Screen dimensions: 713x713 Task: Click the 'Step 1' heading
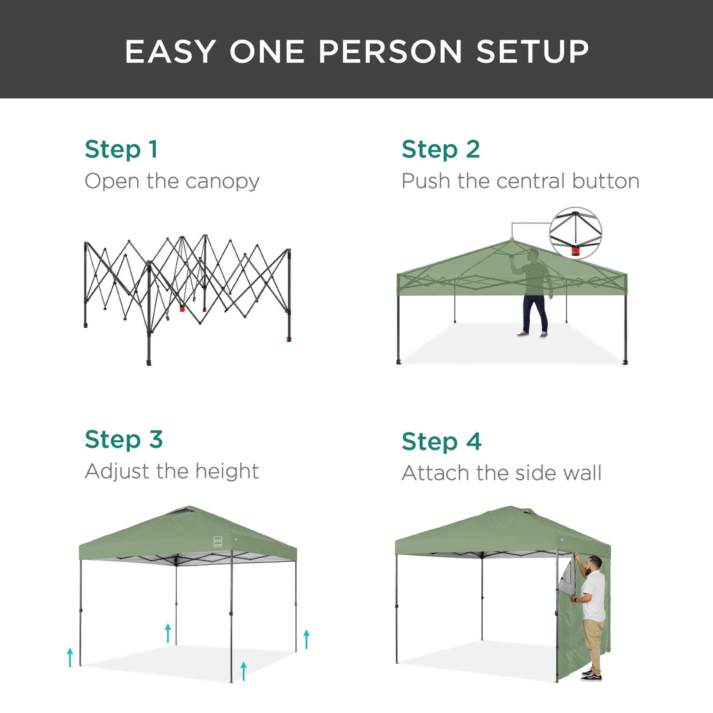point(121,149)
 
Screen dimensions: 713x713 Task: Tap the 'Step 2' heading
point(441,149)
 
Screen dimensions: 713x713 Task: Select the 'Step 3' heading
point(123,439)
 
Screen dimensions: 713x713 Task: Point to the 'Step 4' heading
point(441,441)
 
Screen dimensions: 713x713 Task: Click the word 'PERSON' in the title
point(345,52)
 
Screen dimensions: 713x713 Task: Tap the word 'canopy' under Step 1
point(222,182)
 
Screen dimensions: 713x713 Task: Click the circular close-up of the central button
point(575,233)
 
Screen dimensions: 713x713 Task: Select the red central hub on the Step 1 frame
point(182,308)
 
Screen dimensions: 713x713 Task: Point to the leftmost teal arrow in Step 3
point(70,657)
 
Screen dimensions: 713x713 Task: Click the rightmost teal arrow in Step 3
point(306,638)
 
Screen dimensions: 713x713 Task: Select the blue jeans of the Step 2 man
point(535,313)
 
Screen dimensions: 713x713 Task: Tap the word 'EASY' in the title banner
point(169,52)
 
